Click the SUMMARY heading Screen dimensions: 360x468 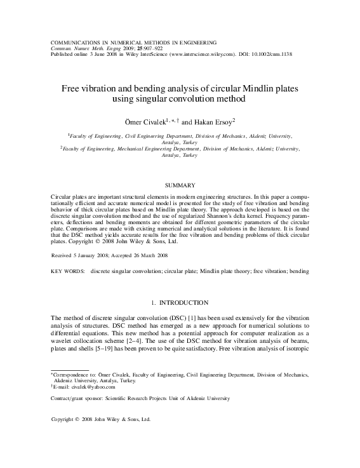pos(180,185)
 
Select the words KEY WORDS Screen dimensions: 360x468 pos(67,271)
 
